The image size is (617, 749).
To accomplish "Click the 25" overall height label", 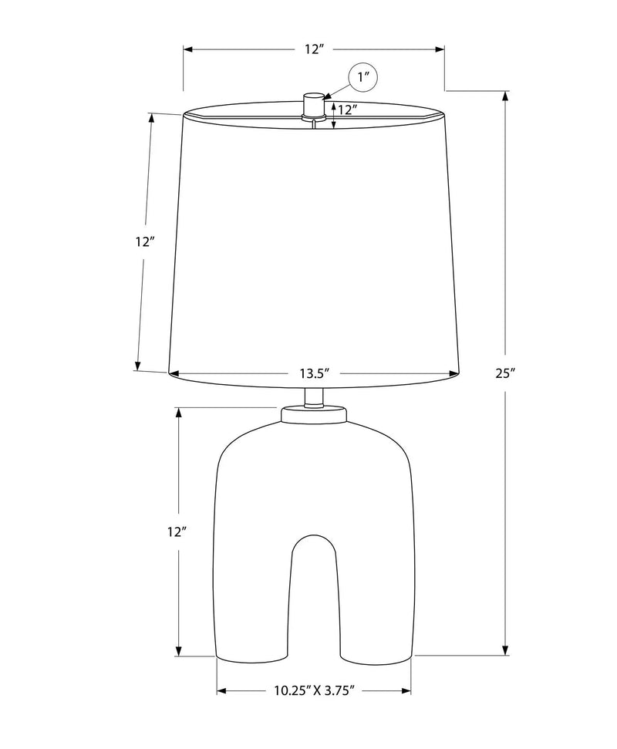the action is tap(505, 373).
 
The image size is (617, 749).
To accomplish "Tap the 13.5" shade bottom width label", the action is tap(315, 373).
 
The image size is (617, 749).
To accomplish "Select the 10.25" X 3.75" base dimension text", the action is tap(314, 690).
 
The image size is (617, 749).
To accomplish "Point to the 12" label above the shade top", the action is tap(315, 49).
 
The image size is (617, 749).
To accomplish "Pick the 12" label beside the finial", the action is tap(348, 110).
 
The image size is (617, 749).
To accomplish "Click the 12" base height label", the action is tap(177, 531).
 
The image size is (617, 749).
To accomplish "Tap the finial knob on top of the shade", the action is tap(313, 106).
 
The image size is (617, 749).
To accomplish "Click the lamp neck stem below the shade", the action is tap(314, 397).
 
